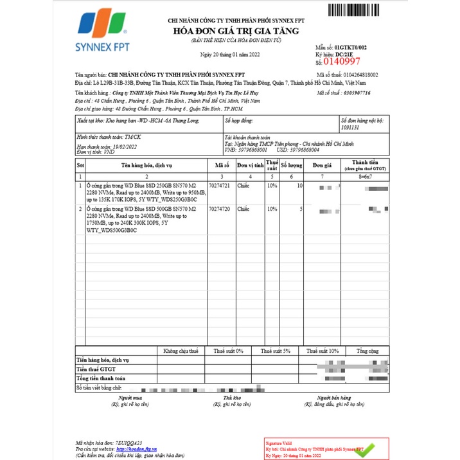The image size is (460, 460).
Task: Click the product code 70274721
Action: pyautogui.click(x=221, y=186)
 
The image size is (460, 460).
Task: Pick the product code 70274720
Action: pyautogui.click(x=221, y=209)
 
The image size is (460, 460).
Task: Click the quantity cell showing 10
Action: pyautogui.click(x=299, y=186)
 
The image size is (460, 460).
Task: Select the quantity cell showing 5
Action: pyautogui.click(x=301, y=209)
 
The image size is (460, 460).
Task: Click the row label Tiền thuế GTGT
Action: pyautogui.click(x=96, y=370)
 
